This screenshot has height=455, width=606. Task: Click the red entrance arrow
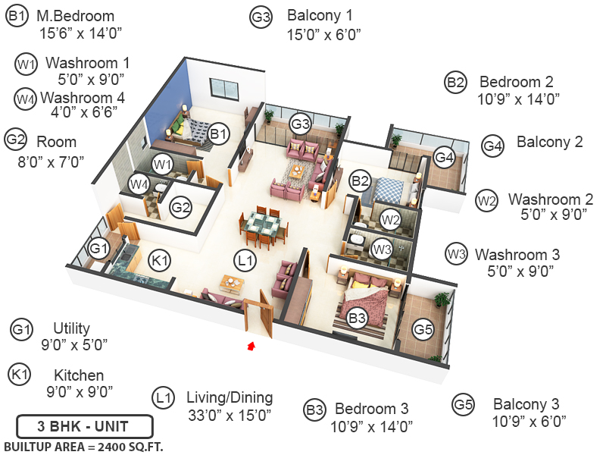251,347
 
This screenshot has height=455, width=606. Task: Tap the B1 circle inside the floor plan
219,135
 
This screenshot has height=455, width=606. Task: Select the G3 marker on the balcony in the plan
301,124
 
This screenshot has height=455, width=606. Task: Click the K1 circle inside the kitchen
159,259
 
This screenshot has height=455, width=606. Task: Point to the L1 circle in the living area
244,261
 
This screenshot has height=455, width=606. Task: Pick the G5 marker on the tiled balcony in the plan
423,329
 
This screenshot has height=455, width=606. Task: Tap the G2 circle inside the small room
180,206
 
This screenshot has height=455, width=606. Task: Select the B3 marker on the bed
358,318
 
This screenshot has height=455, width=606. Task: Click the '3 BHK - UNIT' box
85,424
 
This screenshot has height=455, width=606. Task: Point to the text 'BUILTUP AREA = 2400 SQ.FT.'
84,445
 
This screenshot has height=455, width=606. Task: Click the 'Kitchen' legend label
79,375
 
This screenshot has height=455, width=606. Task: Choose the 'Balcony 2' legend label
549,142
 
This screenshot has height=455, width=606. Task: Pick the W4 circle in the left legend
26,99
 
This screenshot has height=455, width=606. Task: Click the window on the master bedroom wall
223,89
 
